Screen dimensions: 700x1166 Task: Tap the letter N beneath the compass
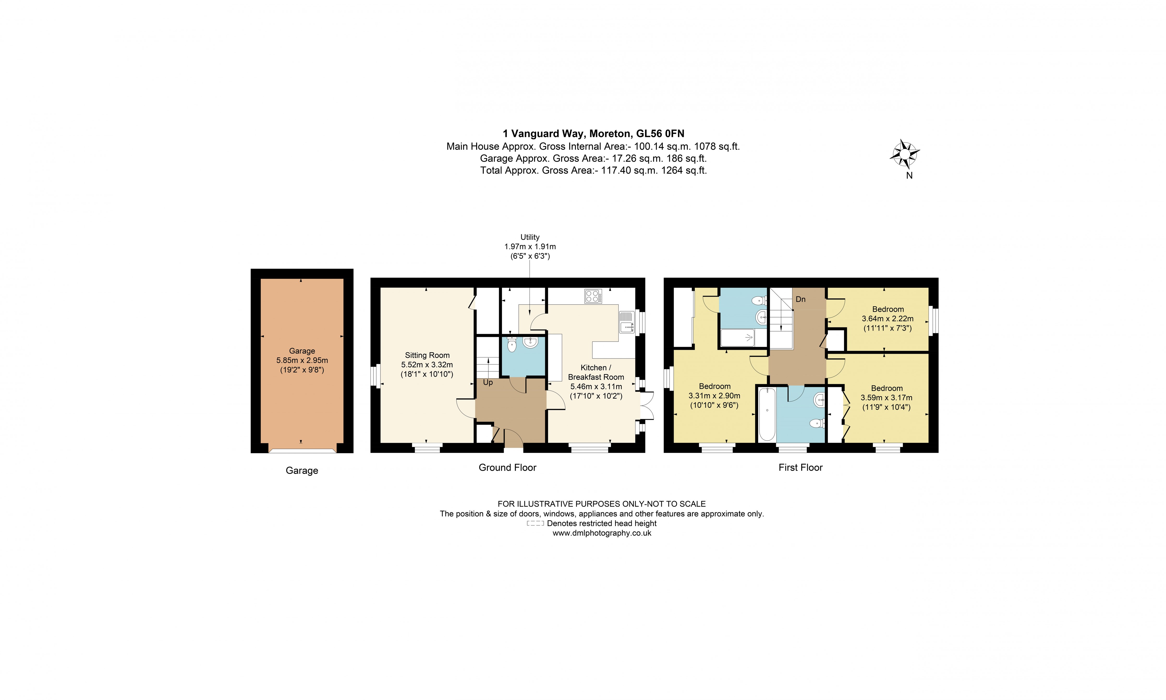click(909, 176)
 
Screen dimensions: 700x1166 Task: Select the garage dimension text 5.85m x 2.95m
click(302, 360)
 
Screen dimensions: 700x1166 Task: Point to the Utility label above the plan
click(530, 237)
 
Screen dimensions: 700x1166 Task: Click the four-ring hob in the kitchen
click(593, 296)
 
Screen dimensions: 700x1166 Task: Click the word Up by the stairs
click(488, 382)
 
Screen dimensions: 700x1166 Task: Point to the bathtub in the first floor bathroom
click(767, 414)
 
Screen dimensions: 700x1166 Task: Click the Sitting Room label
click(427, 355)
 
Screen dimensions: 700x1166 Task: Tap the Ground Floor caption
click(507, 468)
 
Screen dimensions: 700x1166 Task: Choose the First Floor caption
click(800, 468)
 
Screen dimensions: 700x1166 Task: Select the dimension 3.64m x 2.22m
click(888, 319)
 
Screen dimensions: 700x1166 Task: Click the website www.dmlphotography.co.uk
click(602, 533)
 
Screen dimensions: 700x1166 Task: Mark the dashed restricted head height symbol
click(535, 524)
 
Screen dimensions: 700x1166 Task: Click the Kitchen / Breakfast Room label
click(596, 372)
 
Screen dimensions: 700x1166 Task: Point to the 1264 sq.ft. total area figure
click(684, 170)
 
